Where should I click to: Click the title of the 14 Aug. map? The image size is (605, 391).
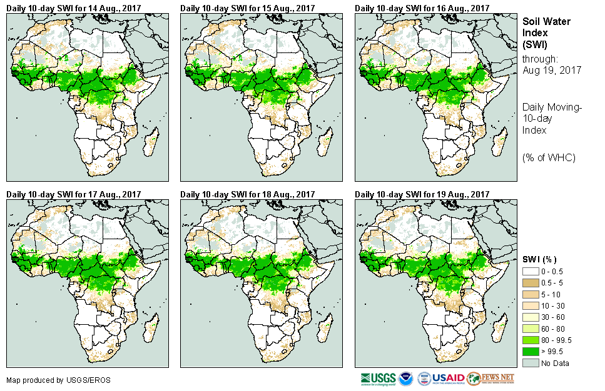pyautogui.click(x=74, y=7)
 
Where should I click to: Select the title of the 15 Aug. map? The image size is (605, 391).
pyautogui.click(x=248, y=7)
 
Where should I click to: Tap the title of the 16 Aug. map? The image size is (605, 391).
pyautogui.click(x=422, y=7)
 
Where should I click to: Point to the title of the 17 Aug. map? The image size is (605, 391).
pyautogui.click(x=74, y=194)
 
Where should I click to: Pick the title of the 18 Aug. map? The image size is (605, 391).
pyautogui.click(x=248, y=194)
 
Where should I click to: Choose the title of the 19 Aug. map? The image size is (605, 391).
pyautogui.click(x=422, y=194)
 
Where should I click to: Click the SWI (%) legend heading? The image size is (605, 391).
pyautogui.click(x=540, y=259)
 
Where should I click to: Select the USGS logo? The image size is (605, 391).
pyautogui.click(x=377, y=379)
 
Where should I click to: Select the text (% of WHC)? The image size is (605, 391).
pyautogui.click(x=549, y=157)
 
